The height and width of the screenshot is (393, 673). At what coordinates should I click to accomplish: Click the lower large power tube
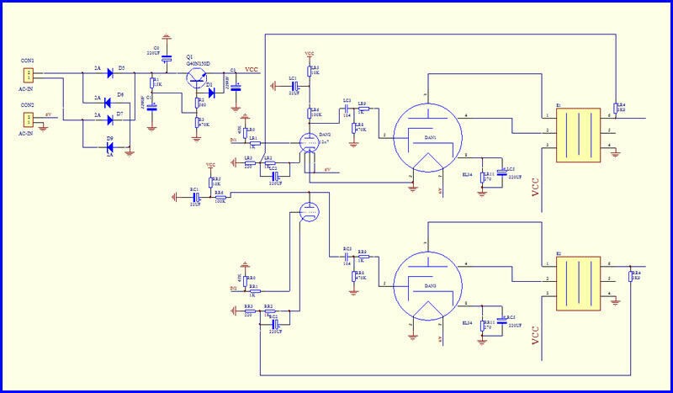click(x=427, y=286)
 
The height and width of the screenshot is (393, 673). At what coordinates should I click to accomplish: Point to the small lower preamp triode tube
click(x=308, y=211)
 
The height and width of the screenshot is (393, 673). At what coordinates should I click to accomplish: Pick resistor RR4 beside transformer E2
click(x=632, y=276)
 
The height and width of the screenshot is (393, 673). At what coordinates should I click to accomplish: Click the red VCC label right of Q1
click(x=252, y=70)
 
